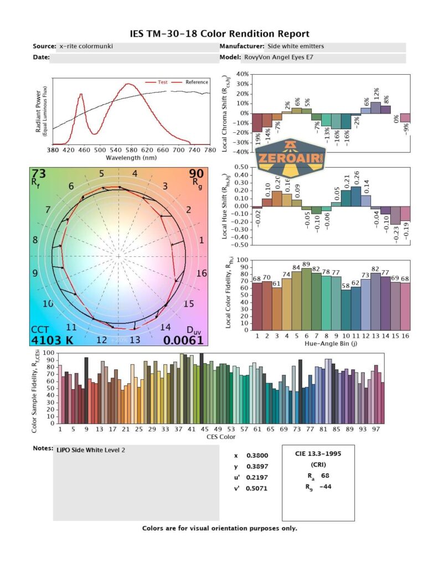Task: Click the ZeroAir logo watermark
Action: (x=291, y=158)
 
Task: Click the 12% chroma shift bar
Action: (x=375, y=107)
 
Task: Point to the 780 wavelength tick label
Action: (x=209, y=150)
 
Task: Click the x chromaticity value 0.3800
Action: (x=255, y=456)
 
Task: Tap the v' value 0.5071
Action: (x=255, y=489)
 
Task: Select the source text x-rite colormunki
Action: (x=86, y=47)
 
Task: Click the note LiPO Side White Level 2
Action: (x=91, y=450)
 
